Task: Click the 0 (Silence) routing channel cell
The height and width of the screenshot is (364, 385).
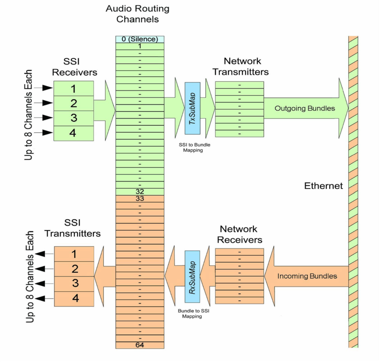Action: coord(139,39)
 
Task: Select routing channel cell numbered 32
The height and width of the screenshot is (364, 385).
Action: coord(139,192)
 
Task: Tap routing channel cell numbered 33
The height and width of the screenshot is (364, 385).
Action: coord(139,199)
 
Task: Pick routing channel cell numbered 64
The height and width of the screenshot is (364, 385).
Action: coord(139,345)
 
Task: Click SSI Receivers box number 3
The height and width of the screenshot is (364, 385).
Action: coord(73,118)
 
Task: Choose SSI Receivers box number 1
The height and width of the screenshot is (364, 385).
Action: coord(73,88)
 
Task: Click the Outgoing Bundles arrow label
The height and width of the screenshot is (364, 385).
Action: coord(305,108)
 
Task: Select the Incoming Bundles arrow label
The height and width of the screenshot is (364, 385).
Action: coord(307,276)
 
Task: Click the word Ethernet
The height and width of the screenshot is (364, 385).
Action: coord(323,186)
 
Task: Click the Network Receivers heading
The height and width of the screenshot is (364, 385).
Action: coord(239,234)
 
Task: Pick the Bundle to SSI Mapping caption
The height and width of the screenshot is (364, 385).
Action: coord(192,313)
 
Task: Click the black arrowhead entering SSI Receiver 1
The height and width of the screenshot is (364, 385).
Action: coord(48,88)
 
